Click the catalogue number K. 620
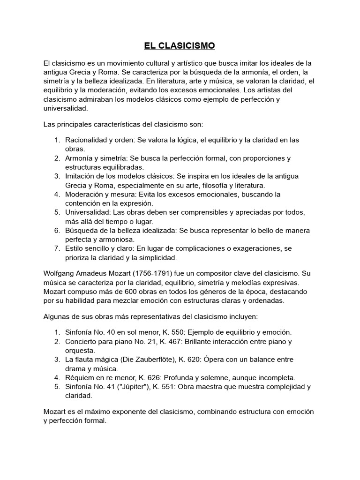[191, 359]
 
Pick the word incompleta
[276, 377]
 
